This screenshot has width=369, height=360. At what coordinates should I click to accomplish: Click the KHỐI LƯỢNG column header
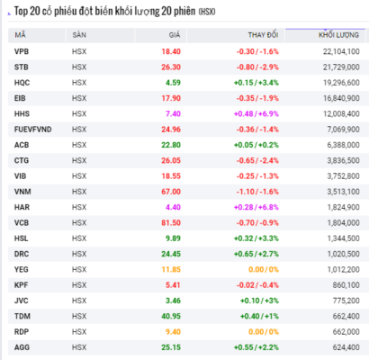point(338,35)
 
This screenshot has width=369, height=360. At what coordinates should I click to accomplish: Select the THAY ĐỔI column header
point(263,35)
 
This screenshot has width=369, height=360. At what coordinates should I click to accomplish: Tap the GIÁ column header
point(175,35)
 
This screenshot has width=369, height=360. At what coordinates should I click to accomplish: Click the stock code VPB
point(22,51)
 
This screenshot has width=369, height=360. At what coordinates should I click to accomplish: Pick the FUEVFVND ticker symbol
point(33,130)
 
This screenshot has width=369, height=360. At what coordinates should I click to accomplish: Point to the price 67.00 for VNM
point(171,192)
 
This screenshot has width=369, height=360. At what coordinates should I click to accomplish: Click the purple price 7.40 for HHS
point(173,114)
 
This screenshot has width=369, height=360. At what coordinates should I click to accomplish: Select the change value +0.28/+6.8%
point(256,207)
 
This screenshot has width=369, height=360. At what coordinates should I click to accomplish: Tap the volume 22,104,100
point(341,51)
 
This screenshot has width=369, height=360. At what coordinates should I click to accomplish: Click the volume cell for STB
point(341,67)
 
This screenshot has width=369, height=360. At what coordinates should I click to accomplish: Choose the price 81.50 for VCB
point(171,223)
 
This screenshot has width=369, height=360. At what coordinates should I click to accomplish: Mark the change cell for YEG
point(264,270)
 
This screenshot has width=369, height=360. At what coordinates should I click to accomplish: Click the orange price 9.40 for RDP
point(173,332)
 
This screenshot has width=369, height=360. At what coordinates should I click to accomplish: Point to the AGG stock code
point(22,347)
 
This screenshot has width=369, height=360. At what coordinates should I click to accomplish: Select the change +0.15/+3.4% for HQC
point(256,83)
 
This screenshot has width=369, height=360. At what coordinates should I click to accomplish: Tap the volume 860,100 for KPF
point(346,285)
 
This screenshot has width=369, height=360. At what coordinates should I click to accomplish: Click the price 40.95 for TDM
point(171,317)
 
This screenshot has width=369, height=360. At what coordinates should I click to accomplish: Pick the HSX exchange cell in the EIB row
point(79,98)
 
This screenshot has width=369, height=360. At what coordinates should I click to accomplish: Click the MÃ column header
point(20,35)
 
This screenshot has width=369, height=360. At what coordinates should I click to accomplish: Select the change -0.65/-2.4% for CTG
point(257,161)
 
